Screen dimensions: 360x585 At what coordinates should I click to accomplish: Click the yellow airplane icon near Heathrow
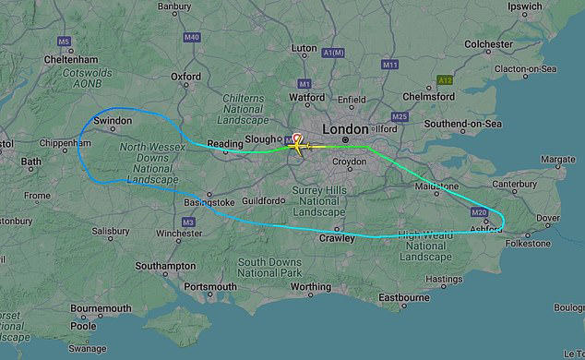(x=299, y=144)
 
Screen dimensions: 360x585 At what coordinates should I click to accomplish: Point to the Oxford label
(x=185, y=78)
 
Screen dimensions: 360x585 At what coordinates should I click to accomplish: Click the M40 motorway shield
(x=192, y=38)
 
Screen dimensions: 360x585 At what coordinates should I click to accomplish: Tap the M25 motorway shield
(x=400, y=117)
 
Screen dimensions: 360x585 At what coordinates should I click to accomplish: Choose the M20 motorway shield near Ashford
(x=478, y=213)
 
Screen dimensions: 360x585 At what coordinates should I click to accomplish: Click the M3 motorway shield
(x=188, y=222)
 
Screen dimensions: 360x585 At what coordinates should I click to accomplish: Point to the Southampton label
(x=165, y=266)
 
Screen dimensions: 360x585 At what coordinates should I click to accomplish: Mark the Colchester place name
(x=488, y=43)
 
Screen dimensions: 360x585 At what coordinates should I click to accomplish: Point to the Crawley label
(x=338, y=238)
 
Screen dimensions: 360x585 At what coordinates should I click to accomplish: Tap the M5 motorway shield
(x=64, y=42)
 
